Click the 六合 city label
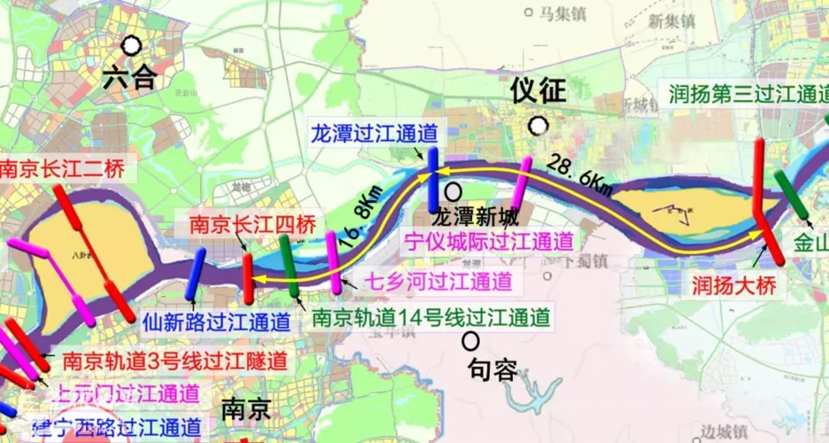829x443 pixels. click(x=129, y=78)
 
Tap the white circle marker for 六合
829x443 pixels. click(x=132, y=45)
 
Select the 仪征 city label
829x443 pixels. click(x=537, y=90)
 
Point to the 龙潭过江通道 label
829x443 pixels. click(x=374, y=134)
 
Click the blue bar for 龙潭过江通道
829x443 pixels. click(x=432, y=179)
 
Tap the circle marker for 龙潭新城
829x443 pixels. click(x=453, y=190)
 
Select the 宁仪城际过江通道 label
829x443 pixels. click(x=488, y=239)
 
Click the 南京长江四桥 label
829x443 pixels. click(x=238, y=225)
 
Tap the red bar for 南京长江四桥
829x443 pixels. click(x=249, y=276)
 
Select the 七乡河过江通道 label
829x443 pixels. click(x=438, y=283)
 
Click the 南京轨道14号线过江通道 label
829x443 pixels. click(x=431, y=316)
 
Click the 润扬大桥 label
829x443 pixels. click(x=735, y=285)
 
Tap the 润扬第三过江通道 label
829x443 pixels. click(x=748, y=93)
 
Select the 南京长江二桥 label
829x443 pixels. click(x=62, y=167)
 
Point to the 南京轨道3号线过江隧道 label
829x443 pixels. click(x=174, y=361)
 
